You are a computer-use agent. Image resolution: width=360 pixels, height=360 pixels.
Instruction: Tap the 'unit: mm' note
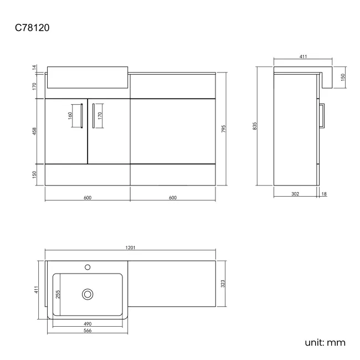[x=325, y=342]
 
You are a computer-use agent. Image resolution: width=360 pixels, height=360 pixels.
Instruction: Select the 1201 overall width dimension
[x=131, y=248]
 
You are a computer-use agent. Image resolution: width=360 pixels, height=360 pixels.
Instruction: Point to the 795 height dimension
[x=223, y=128]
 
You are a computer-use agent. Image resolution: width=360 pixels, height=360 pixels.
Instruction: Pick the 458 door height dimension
[x=34, y=131]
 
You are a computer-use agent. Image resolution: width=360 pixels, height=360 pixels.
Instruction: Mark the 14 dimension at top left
[x=34, y=67]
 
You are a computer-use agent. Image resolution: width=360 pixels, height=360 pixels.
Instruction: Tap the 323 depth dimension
[x=223, y=284]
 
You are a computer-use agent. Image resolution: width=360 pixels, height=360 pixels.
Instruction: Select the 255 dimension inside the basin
[x=58, y=295]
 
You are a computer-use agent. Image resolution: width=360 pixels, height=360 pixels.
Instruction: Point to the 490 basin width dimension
[x=87, y=323]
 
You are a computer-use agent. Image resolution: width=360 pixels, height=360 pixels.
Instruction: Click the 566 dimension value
[x=87, y=331]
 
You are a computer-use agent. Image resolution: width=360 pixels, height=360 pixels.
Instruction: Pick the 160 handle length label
[x=70, y=116]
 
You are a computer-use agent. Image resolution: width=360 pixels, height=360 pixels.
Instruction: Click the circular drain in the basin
[x=87, y=294]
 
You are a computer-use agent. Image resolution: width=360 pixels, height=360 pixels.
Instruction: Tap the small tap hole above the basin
[x=87, y=268]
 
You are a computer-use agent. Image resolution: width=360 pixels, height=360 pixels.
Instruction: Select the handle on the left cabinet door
[x=82, y=116]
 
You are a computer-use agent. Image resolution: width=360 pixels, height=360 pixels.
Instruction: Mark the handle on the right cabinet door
[x=93, y=116]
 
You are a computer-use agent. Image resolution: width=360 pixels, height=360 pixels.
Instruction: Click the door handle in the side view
[x=324, y=116]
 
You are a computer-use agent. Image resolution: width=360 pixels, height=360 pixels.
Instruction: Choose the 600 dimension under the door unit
[x=87, y=198]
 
